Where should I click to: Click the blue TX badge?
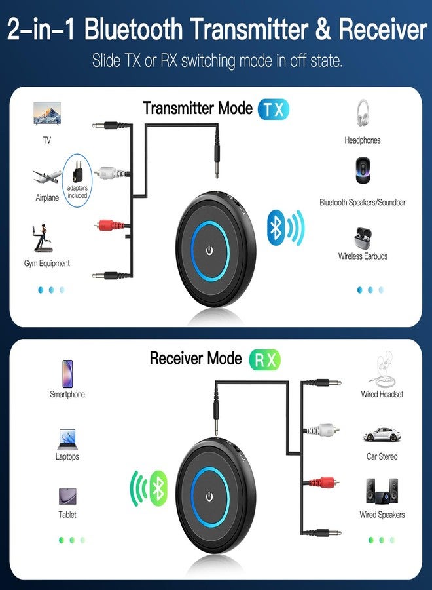point(274,109)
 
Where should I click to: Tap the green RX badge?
point(265,360)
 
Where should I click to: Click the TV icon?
point(47,113)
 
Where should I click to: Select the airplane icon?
point(47,176)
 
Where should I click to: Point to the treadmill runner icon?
point(42,238)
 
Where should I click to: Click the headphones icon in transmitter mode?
point(363,113)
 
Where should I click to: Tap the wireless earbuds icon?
point(363,238)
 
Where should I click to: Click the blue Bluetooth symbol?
point(276,227)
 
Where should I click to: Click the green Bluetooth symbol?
point(158,488)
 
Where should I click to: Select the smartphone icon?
point(67,374)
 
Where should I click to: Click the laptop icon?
point(67,439)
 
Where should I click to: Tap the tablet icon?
point(67,496)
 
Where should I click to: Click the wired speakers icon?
point(382,491)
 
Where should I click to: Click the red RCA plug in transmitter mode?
point(111,226)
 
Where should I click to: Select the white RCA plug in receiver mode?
point(322,429)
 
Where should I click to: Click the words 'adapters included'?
point(77,191)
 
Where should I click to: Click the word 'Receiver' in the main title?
point(383,29)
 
